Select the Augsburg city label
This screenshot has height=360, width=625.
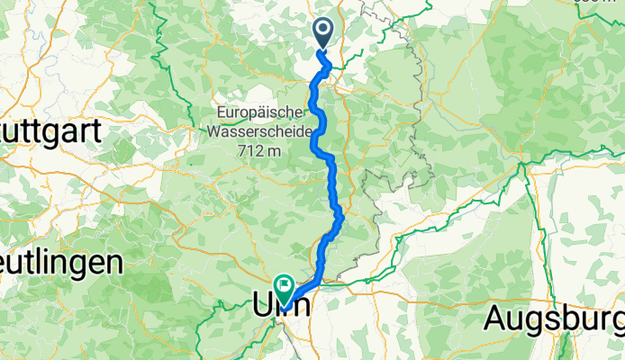(x=553, y=317)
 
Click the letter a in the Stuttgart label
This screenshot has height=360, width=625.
(x=76, y=130)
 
